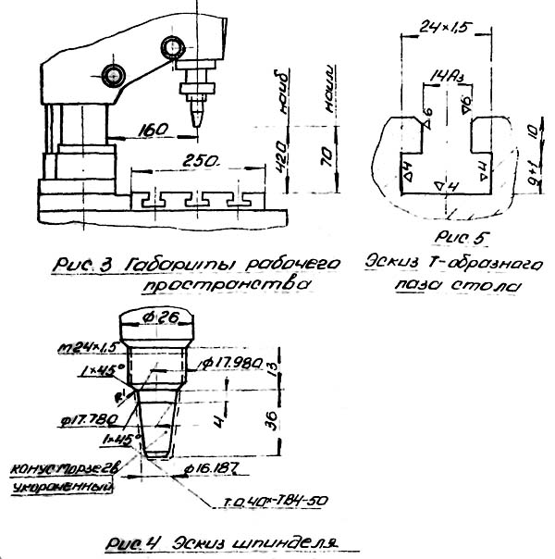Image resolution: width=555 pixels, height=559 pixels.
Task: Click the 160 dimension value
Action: (x=155, y=130)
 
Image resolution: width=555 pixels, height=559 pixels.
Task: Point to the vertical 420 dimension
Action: (x=277, y=153)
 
